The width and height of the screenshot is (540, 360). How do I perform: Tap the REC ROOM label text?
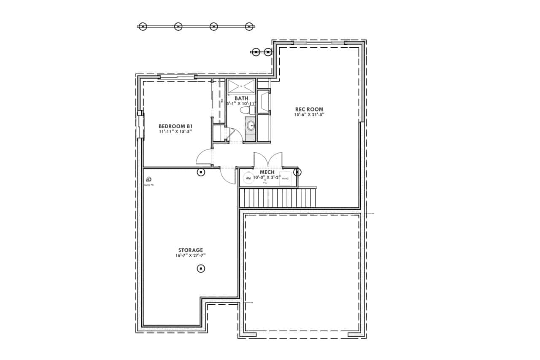coord(309,109)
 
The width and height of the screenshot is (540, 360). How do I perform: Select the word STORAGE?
coord(190,250)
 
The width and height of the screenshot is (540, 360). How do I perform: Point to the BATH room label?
coord(241,98)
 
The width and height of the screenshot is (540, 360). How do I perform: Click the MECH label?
coord(267,172)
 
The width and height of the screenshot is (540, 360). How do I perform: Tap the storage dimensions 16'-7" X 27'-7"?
coord(190,255)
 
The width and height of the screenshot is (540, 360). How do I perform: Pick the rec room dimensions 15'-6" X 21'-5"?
coord(309,114)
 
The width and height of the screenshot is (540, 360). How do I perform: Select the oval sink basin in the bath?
coord(250,125)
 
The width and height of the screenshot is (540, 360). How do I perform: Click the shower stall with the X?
coord(241,86)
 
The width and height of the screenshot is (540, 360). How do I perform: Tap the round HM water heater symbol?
coord(248,179)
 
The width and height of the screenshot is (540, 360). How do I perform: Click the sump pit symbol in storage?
coord(148,179)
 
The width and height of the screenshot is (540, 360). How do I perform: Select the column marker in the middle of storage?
coord(201,268)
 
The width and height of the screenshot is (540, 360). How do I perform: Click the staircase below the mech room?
coord(278,198)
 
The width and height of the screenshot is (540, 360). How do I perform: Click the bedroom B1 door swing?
coord(204,158)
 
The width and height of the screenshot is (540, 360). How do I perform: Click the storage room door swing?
coord(228,176)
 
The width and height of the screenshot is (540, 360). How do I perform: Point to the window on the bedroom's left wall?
coord(140,125)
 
